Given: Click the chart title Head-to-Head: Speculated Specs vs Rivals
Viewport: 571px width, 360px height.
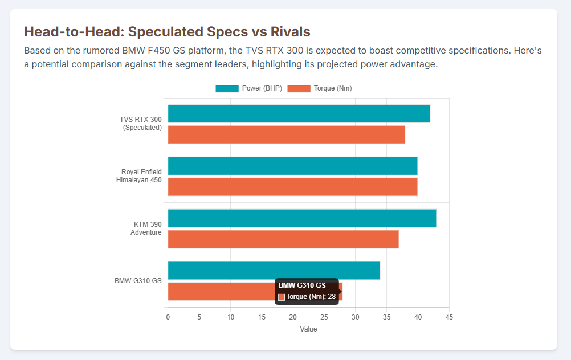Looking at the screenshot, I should coord(166,32).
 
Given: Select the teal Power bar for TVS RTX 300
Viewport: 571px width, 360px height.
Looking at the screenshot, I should coord(299,114).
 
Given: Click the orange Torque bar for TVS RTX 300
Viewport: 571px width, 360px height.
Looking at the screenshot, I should coord(286,134).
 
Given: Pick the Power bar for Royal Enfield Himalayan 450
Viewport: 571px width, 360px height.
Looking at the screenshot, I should coord(292,166).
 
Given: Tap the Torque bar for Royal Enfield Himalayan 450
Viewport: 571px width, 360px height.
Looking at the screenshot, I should coord(292,187).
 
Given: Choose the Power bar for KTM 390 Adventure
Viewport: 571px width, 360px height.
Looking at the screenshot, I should coord(302,218).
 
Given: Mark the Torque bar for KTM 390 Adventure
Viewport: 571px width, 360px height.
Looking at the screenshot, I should coord(283,239).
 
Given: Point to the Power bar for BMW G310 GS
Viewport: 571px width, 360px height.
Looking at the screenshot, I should coord(274,271).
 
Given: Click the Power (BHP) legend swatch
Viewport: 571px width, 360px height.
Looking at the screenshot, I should coord(227,88).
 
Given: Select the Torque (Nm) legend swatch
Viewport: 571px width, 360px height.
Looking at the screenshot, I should coord(299,88).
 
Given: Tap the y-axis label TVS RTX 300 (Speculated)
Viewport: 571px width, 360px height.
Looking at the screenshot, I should coord(142,124).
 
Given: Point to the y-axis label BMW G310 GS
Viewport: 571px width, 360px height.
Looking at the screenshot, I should coord(138,281).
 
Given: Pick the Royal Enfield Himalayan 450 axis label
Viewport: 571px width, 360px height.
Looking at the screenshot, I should coord(141,176).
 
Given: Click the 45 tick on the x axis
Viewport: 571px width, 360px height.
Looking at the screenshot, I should coord(449,317).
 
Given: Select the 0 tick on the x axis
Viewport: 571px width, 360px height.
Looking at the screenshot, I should coord(168,317).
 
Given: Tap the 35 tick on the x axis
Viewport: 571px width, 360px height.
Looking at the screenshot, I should coord(386,317).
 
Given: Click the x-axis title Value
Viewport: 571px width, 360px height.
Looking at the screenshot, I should coord(308,329).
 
